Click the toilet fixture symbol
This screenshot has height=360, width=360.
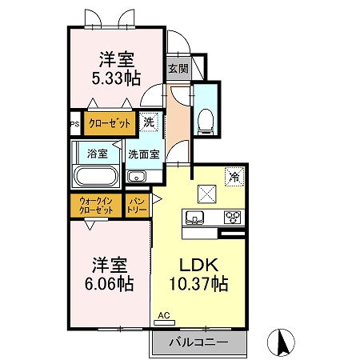click(x=205, y=122)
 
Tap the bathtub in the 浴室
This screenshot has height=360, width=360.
click(x=96, y=176)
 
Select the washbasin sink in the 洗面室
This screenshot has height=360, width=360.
click(x=137, y=177)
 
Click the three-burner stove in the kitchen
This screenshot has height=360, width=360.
click(x=232, y=217)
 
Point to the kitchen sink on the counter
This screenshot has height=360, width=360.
click(x=194, y=217)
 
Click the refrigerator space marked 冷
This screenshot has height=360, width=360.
click(x=234, y=176)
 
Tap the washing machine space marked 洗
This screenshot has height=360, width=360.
click(x=149, y=122)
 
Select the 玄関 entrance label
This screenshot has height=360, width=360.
click(x=178, y=69)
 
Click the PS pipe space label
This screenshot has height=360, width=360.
click(x=75, y=124)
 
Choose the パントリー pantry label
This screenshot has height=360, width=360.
click(x=137, y=206)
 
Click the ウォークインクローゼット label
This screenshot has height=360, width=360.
click(x=96, y=206)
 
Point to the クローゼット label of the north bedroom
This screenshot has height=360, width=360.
click(x=110, y=123)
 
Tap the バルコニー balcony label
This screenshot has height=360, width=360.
click(x=198, y=342)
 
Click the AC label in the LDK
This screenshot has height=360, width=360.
click(x=164, y=315)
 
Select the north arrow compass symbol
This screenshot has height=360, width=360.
click(x=281, y=342)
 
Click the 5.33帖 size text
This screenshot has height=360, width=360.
click(x=116, y=78)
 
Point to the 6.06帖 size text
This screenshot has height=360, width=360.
click(x=110, y=284)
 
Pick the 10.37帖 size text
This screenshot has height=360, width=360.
click(x=199, y=284)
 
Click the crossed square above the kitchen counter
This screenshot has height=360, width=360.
click(x=206, y=194)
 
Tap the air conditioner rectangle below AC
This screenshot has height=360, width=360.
click(x=165, y=322)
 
